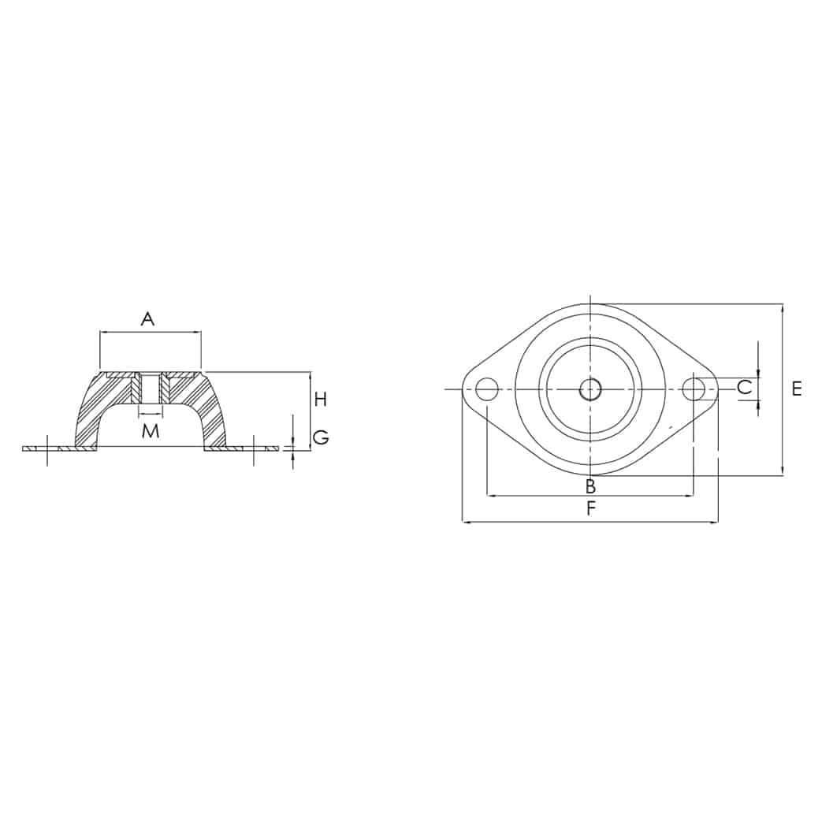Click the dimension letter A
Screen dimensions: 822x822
click(x=148, y=318)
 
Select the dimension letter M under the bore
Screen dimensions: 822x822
click(x=151, y=431)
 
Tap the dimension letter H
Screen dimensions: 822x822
click(x=320, y=400)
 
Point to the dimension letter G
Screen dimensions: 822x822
click(x=321, y=437)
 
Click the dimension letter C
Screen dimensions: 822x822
click(x=745, y=388)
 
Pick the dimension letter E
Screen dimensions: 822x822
click(x=796, y=389)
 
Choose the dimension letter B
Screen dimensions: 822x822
click(x=590, y=486)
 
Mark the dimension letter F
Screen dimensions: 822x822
click(x=591, y=508)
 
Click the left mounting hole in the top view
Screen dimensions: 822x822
click(x=487, y=389)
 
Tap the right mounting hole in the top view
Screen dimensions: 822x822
click(x=694, y=389)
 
